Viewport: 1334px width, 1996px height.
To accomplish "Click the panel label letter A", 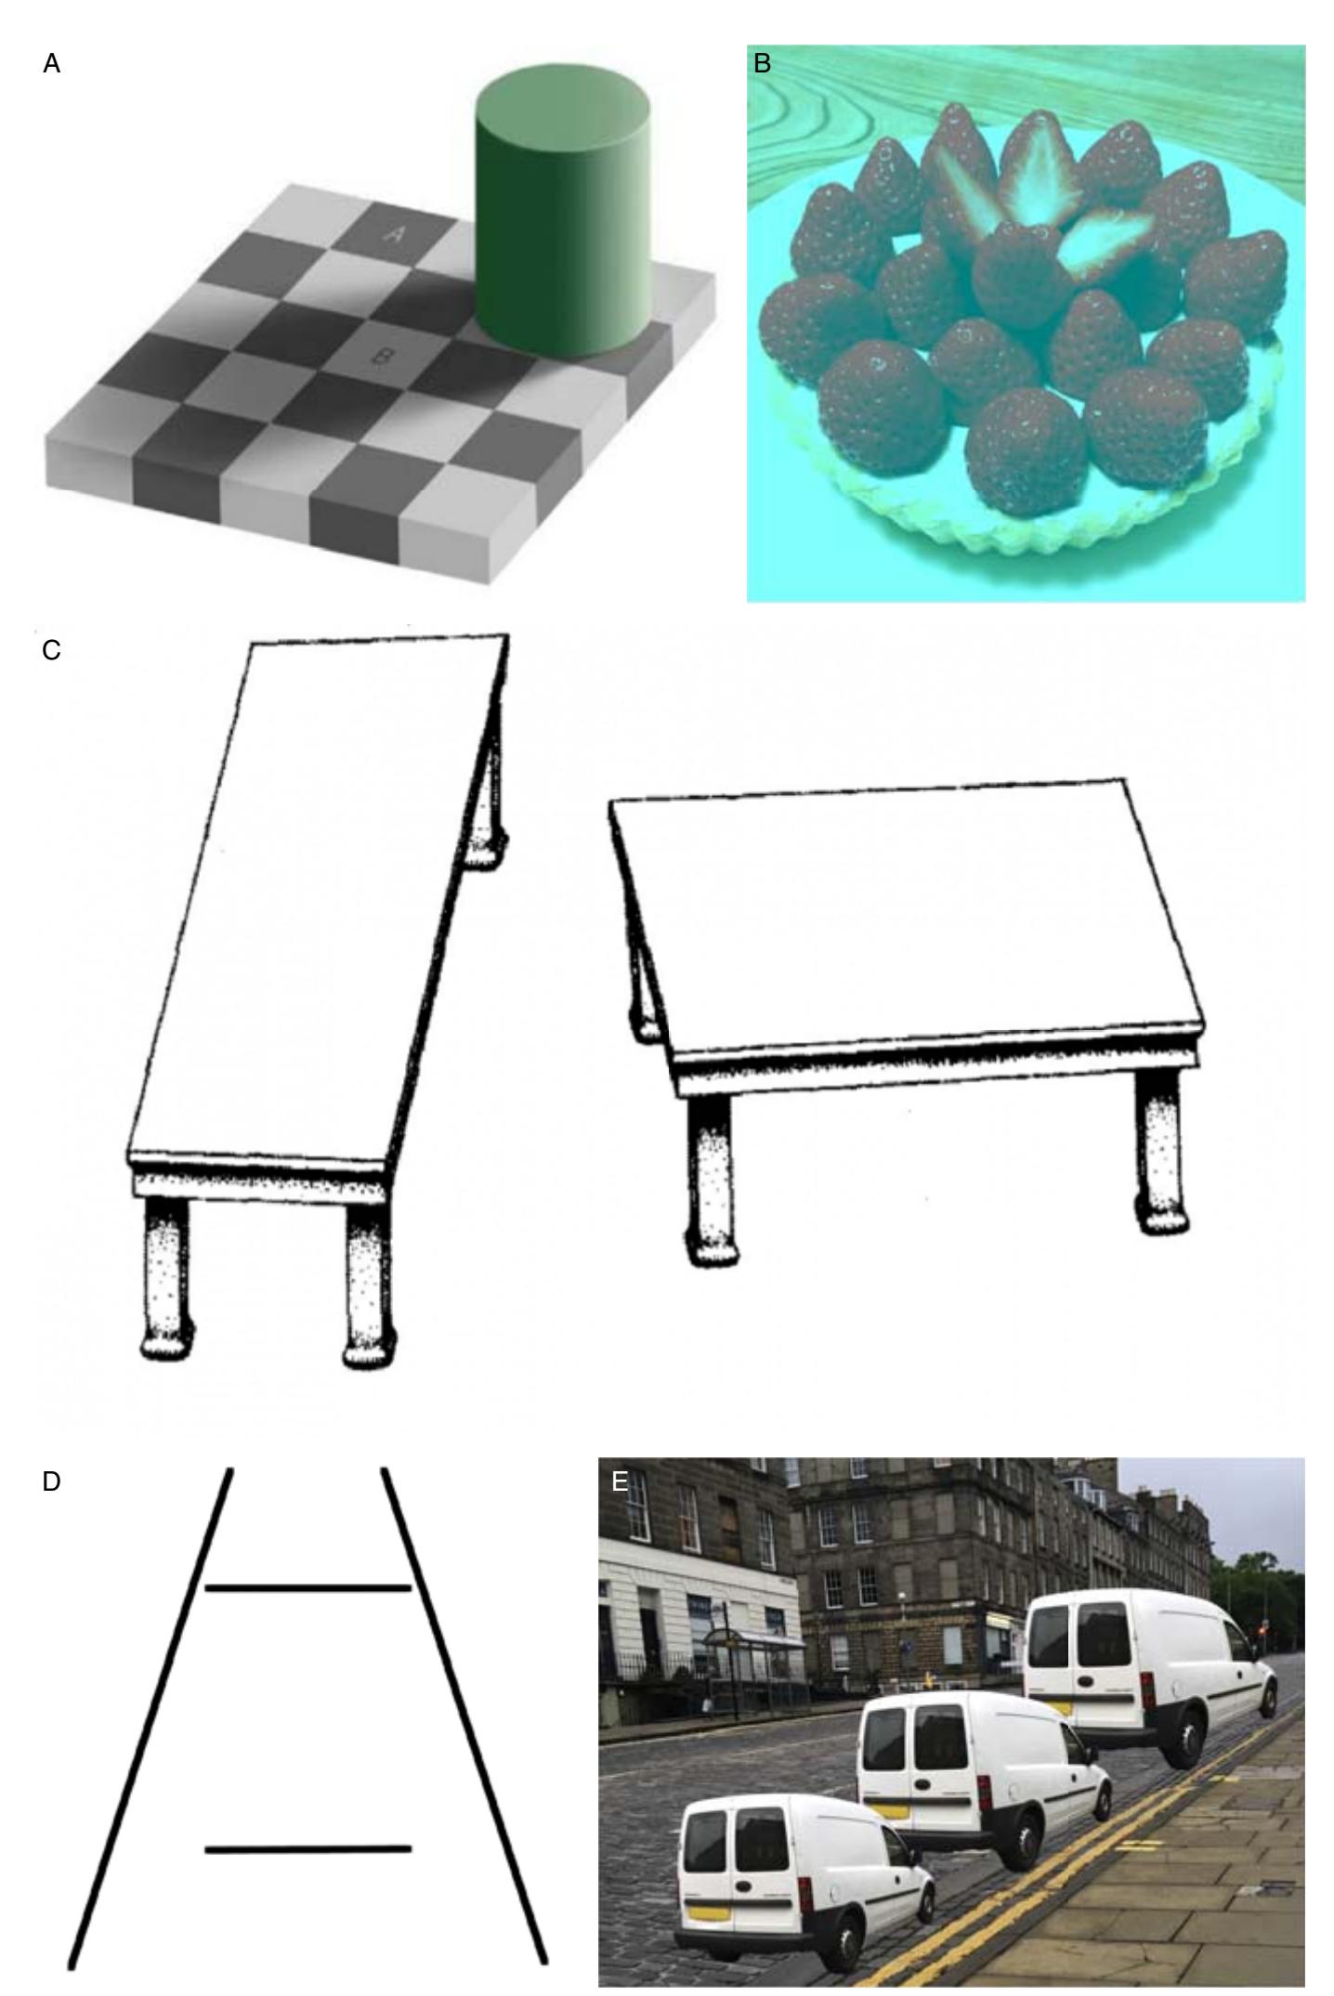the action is click(52, 64).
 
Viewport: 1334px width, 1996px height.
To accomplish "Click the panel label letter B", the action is click(762, 64).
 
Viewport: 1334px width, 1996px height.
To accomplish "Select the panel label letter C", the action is click(52, 651).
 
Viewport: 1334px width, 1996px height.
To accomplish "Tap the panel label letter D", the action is click(52, 1481).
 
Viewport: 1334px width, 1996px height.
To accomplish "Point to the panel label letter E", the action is click(620, 1481).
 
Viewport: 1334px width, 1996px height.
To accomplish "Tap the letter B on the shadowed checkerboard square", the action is click(379, 356).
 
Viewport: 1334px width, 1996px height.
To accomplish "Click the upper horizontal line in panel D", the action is click(308, 1588).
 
